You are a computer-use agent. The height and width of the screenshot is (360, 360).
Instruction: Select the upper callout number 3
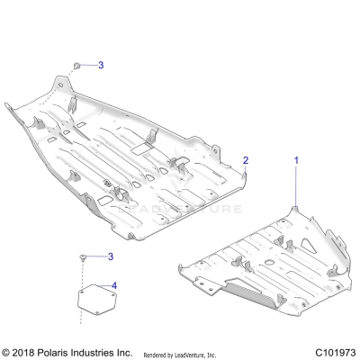click(x=101, y=66)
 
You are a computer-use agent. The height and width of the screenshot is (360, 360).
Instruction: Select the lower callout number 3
click(x=110, y=256)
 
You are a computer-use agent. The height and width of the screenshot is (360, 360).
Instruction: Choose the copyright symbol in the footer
click(x=7, y=350)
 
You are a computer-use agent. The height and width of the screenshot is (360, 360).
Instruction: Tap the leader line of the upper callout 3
click(x=90, y=66)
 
